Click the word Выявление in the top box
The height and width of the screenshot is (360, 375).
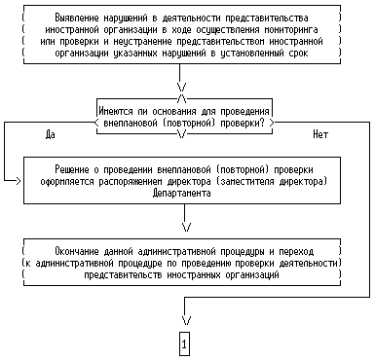[x=77, y=18]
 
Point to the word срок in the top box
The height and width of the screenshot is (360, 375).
[x=298, y=53]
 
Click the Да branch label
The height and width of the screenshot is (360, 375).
[x=51, y=134]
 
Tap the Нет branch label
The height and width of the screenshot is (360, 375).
[x=320, y=134]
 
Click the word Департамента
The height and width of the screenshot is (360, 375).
[x=181, y=193]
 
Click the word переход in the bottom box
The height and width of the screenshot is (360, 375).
[x=296, y=251]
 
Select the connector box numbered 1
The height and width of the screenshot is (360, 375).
[x=184, y=343]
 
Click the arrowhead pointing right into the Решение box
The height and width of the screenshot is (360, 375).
[x=19, y=181]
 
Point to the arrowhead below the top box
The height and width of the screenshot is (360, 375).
[x=182, y=87]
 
